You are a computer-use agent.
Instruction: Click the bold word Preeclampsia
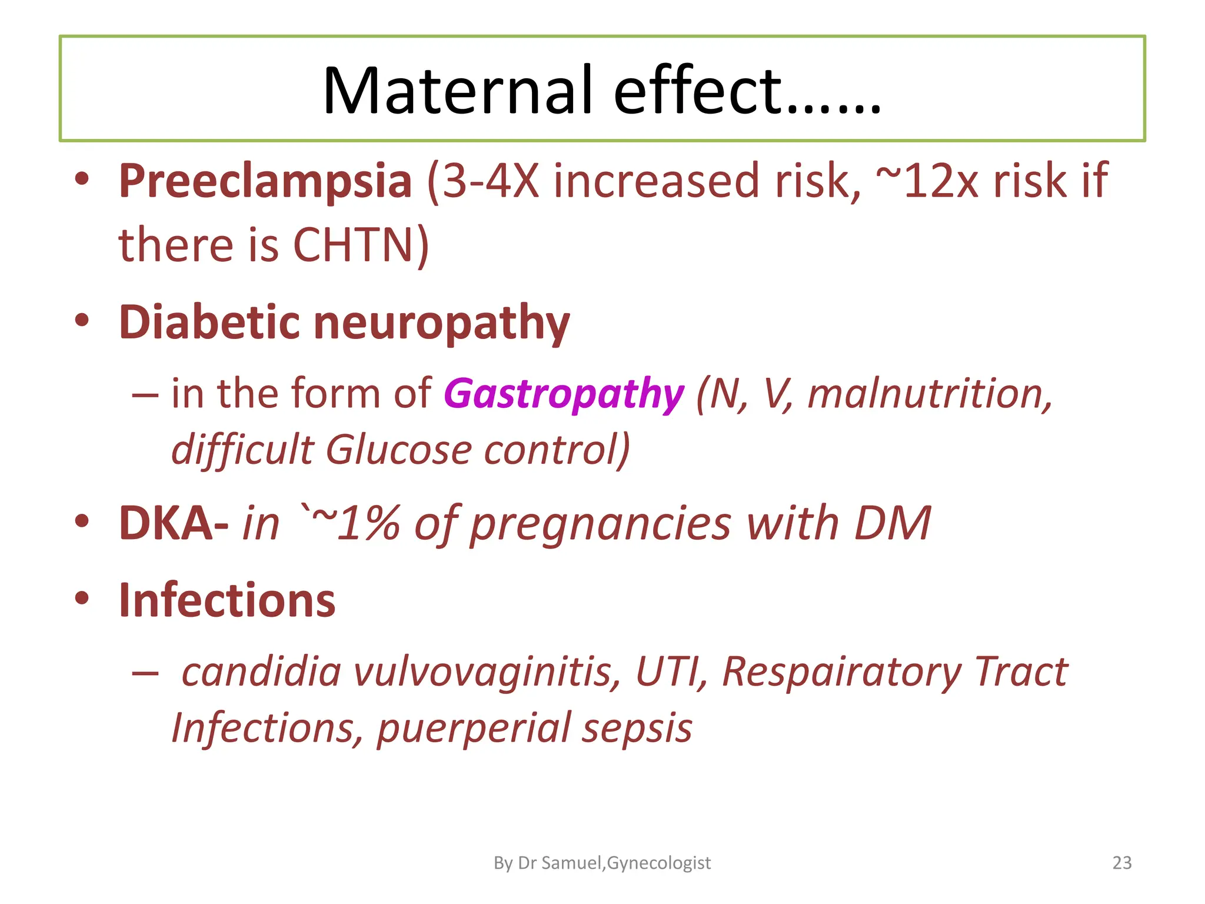[265, 181]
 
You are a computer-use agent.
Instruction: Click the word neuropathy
[442, 324]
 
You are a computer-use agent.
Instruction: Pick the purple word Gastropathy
[564, 394]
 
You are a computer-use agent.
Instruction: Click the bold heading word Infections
[227, 601]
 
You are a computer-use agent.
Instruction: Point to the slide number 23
[1122, 863]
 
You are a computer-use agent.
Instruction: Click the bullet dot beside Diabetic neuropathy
[82, 321]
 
